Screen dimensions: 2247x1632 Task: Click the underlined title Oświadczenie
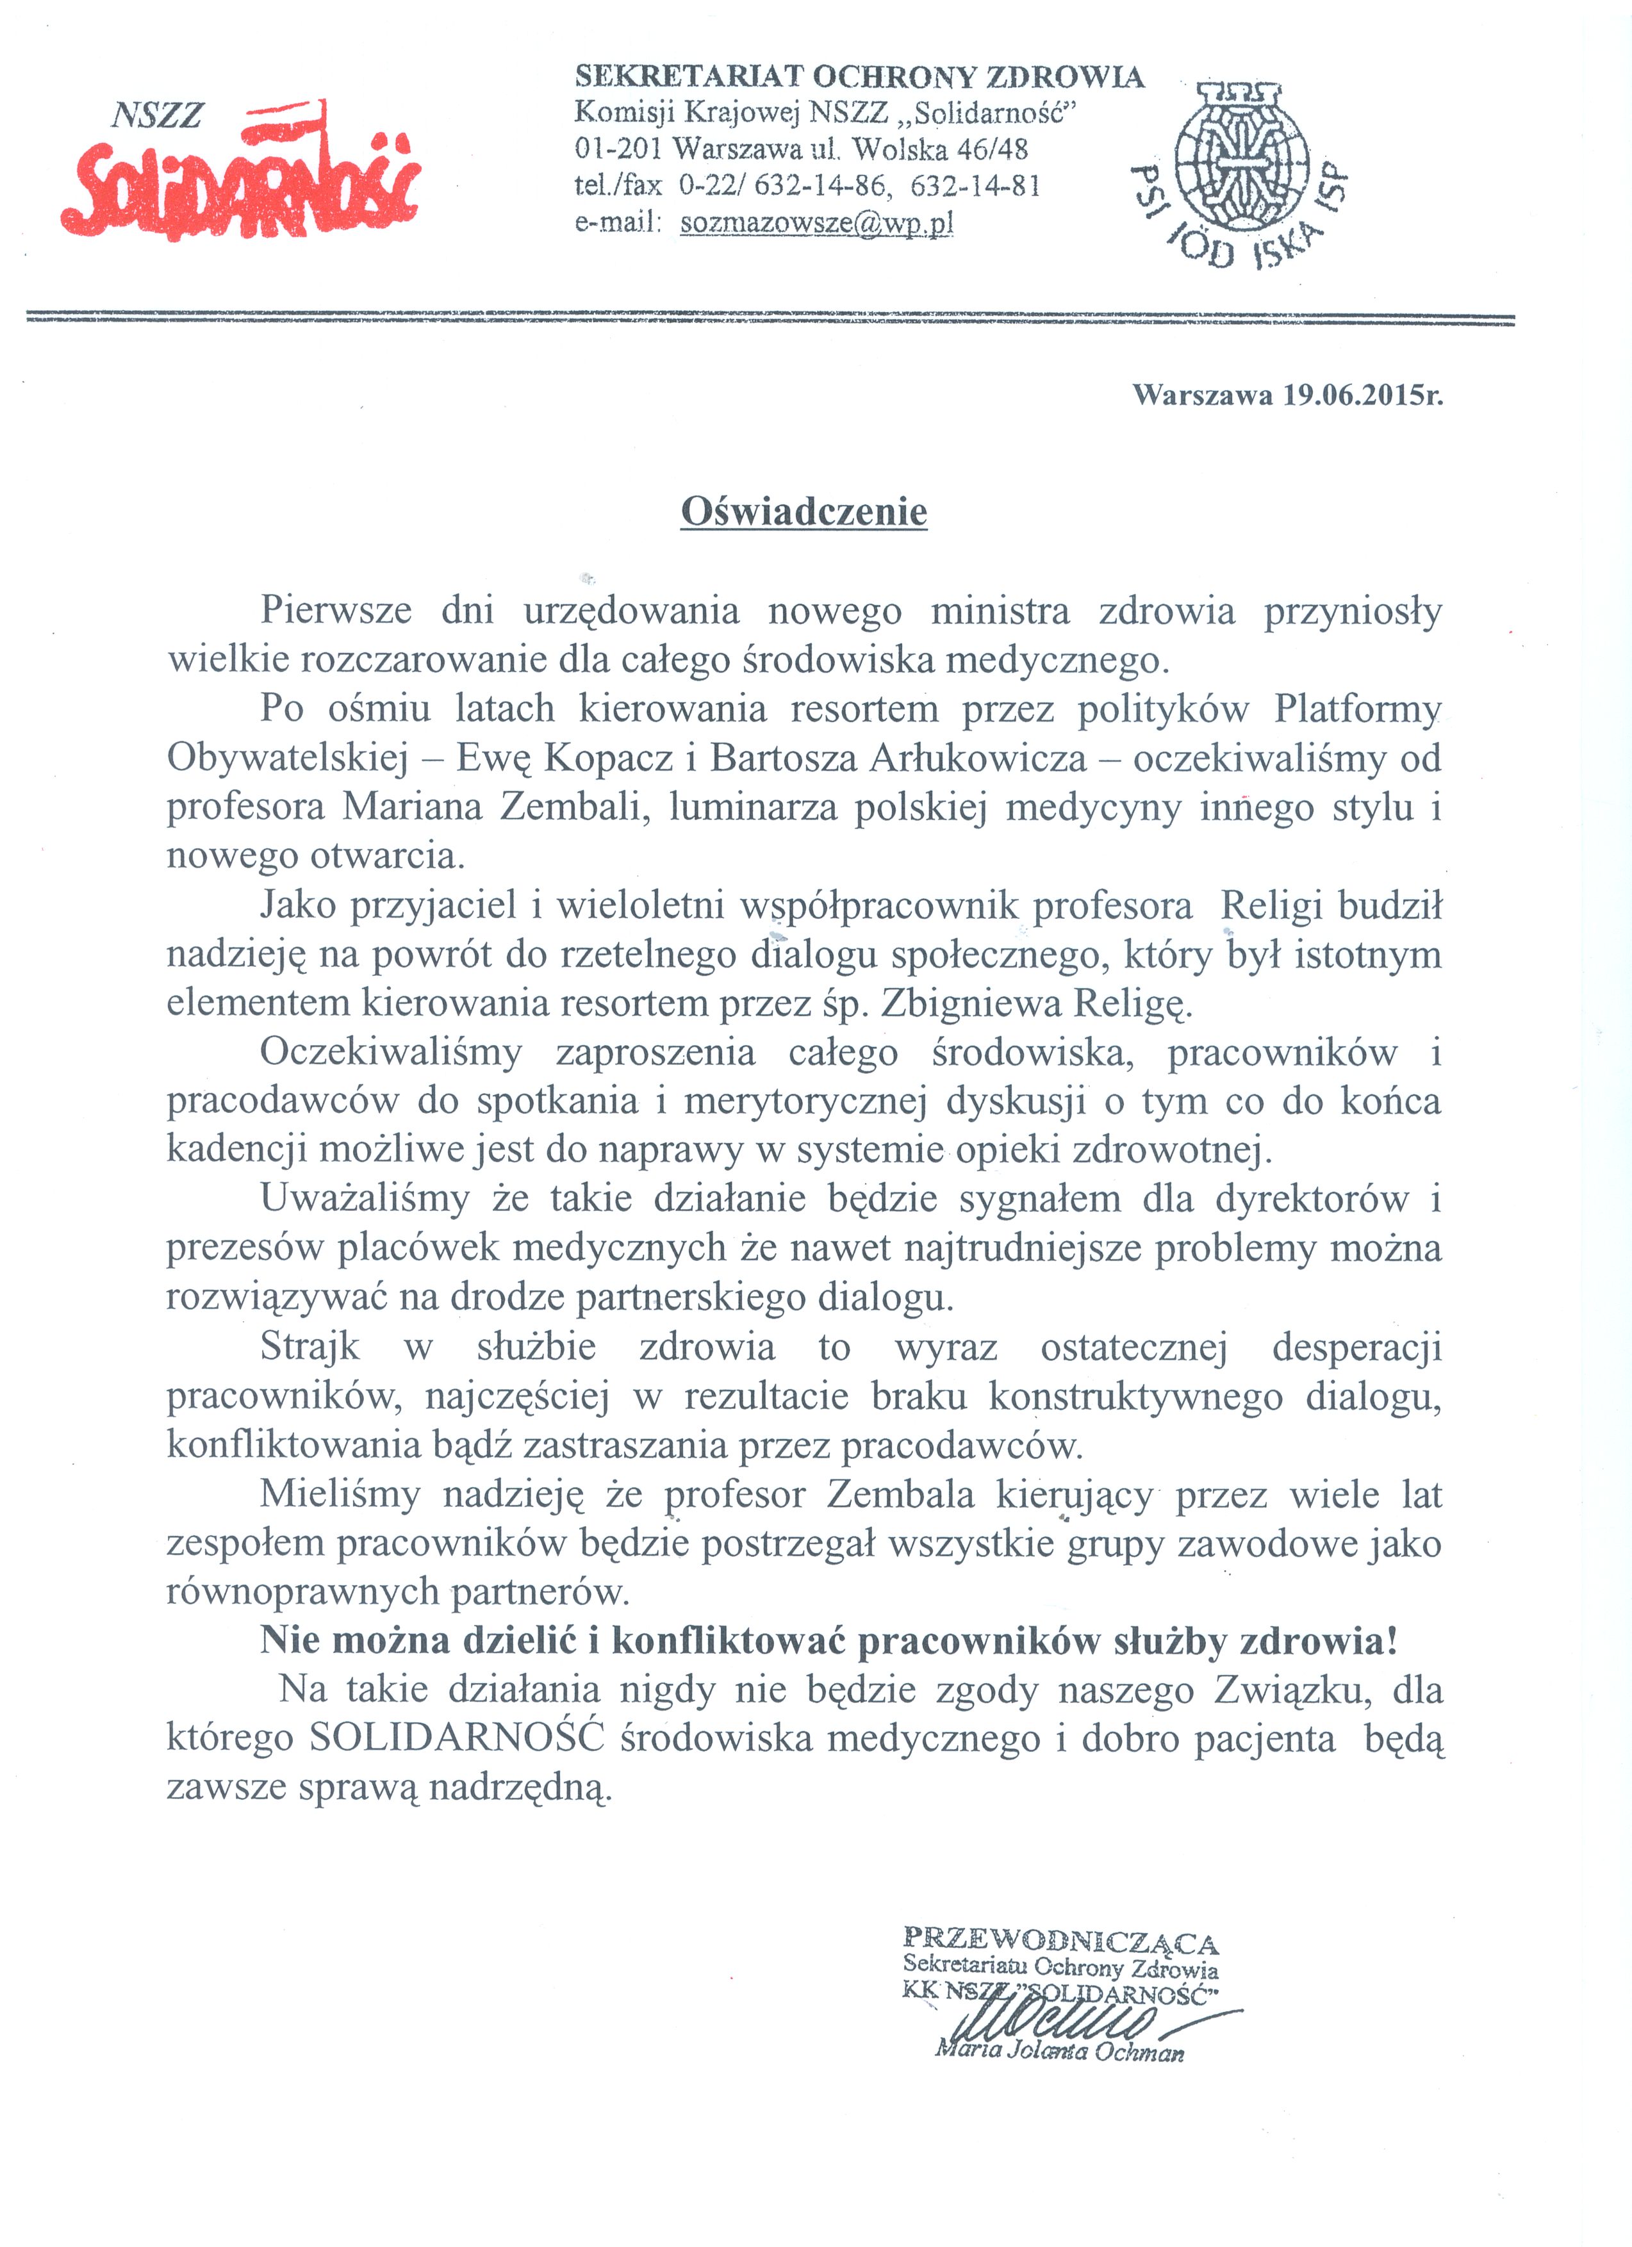(804, 512)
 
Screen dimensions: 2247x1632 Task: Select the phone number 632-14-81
(975, 186)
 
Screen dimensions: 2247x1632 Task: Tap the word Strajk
(310, 1346)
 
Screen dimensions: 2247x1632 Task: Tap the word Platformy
(1356, 709)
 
